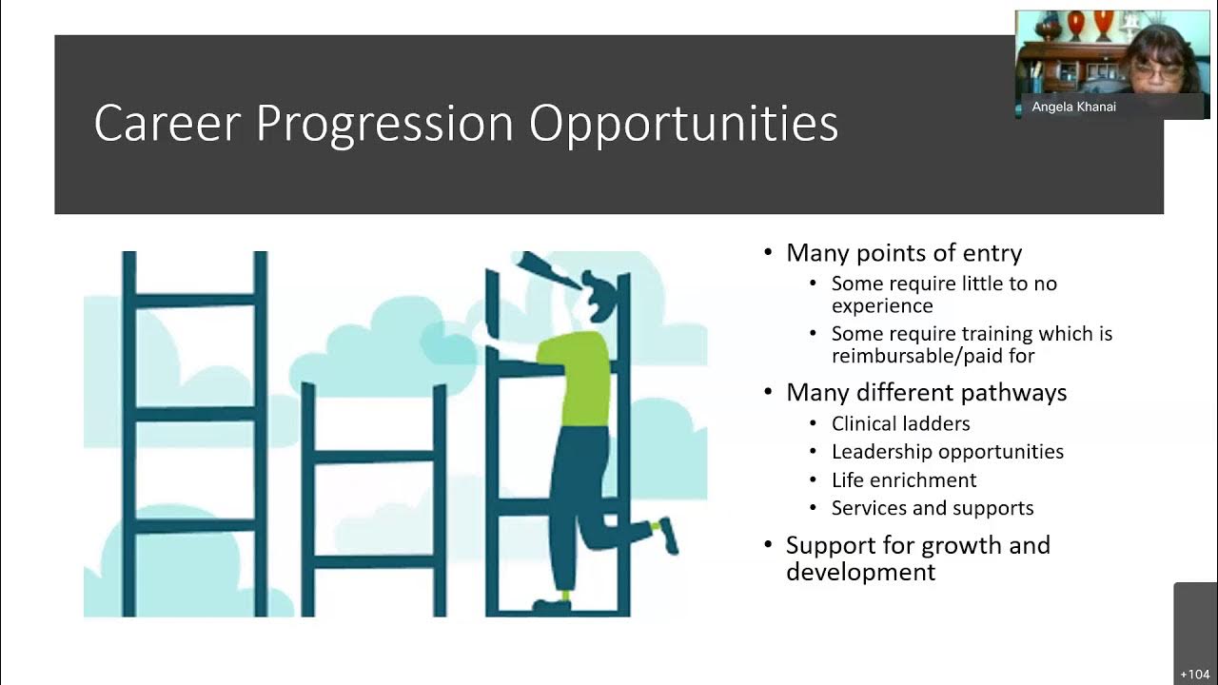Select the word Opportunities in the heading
pos(683,124)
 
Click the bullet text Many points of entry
pos(903,253)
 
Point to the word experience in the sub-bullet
pos(882,306)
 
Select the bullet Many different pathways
pos(926,393)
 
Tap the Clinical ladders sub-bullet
pos(900,423)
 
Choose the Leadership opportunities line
pos(947,452)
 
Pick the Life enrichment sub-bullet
pos(903,479)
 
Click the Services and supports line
pos(932,508)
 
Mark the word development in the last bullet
pos(860,572)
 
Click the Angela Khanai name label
pos(1073,108)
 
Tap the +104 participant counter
pos(1194,675)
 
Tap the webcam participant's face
pos(1157,68)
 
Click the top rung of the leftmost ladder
pos(195,301)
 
